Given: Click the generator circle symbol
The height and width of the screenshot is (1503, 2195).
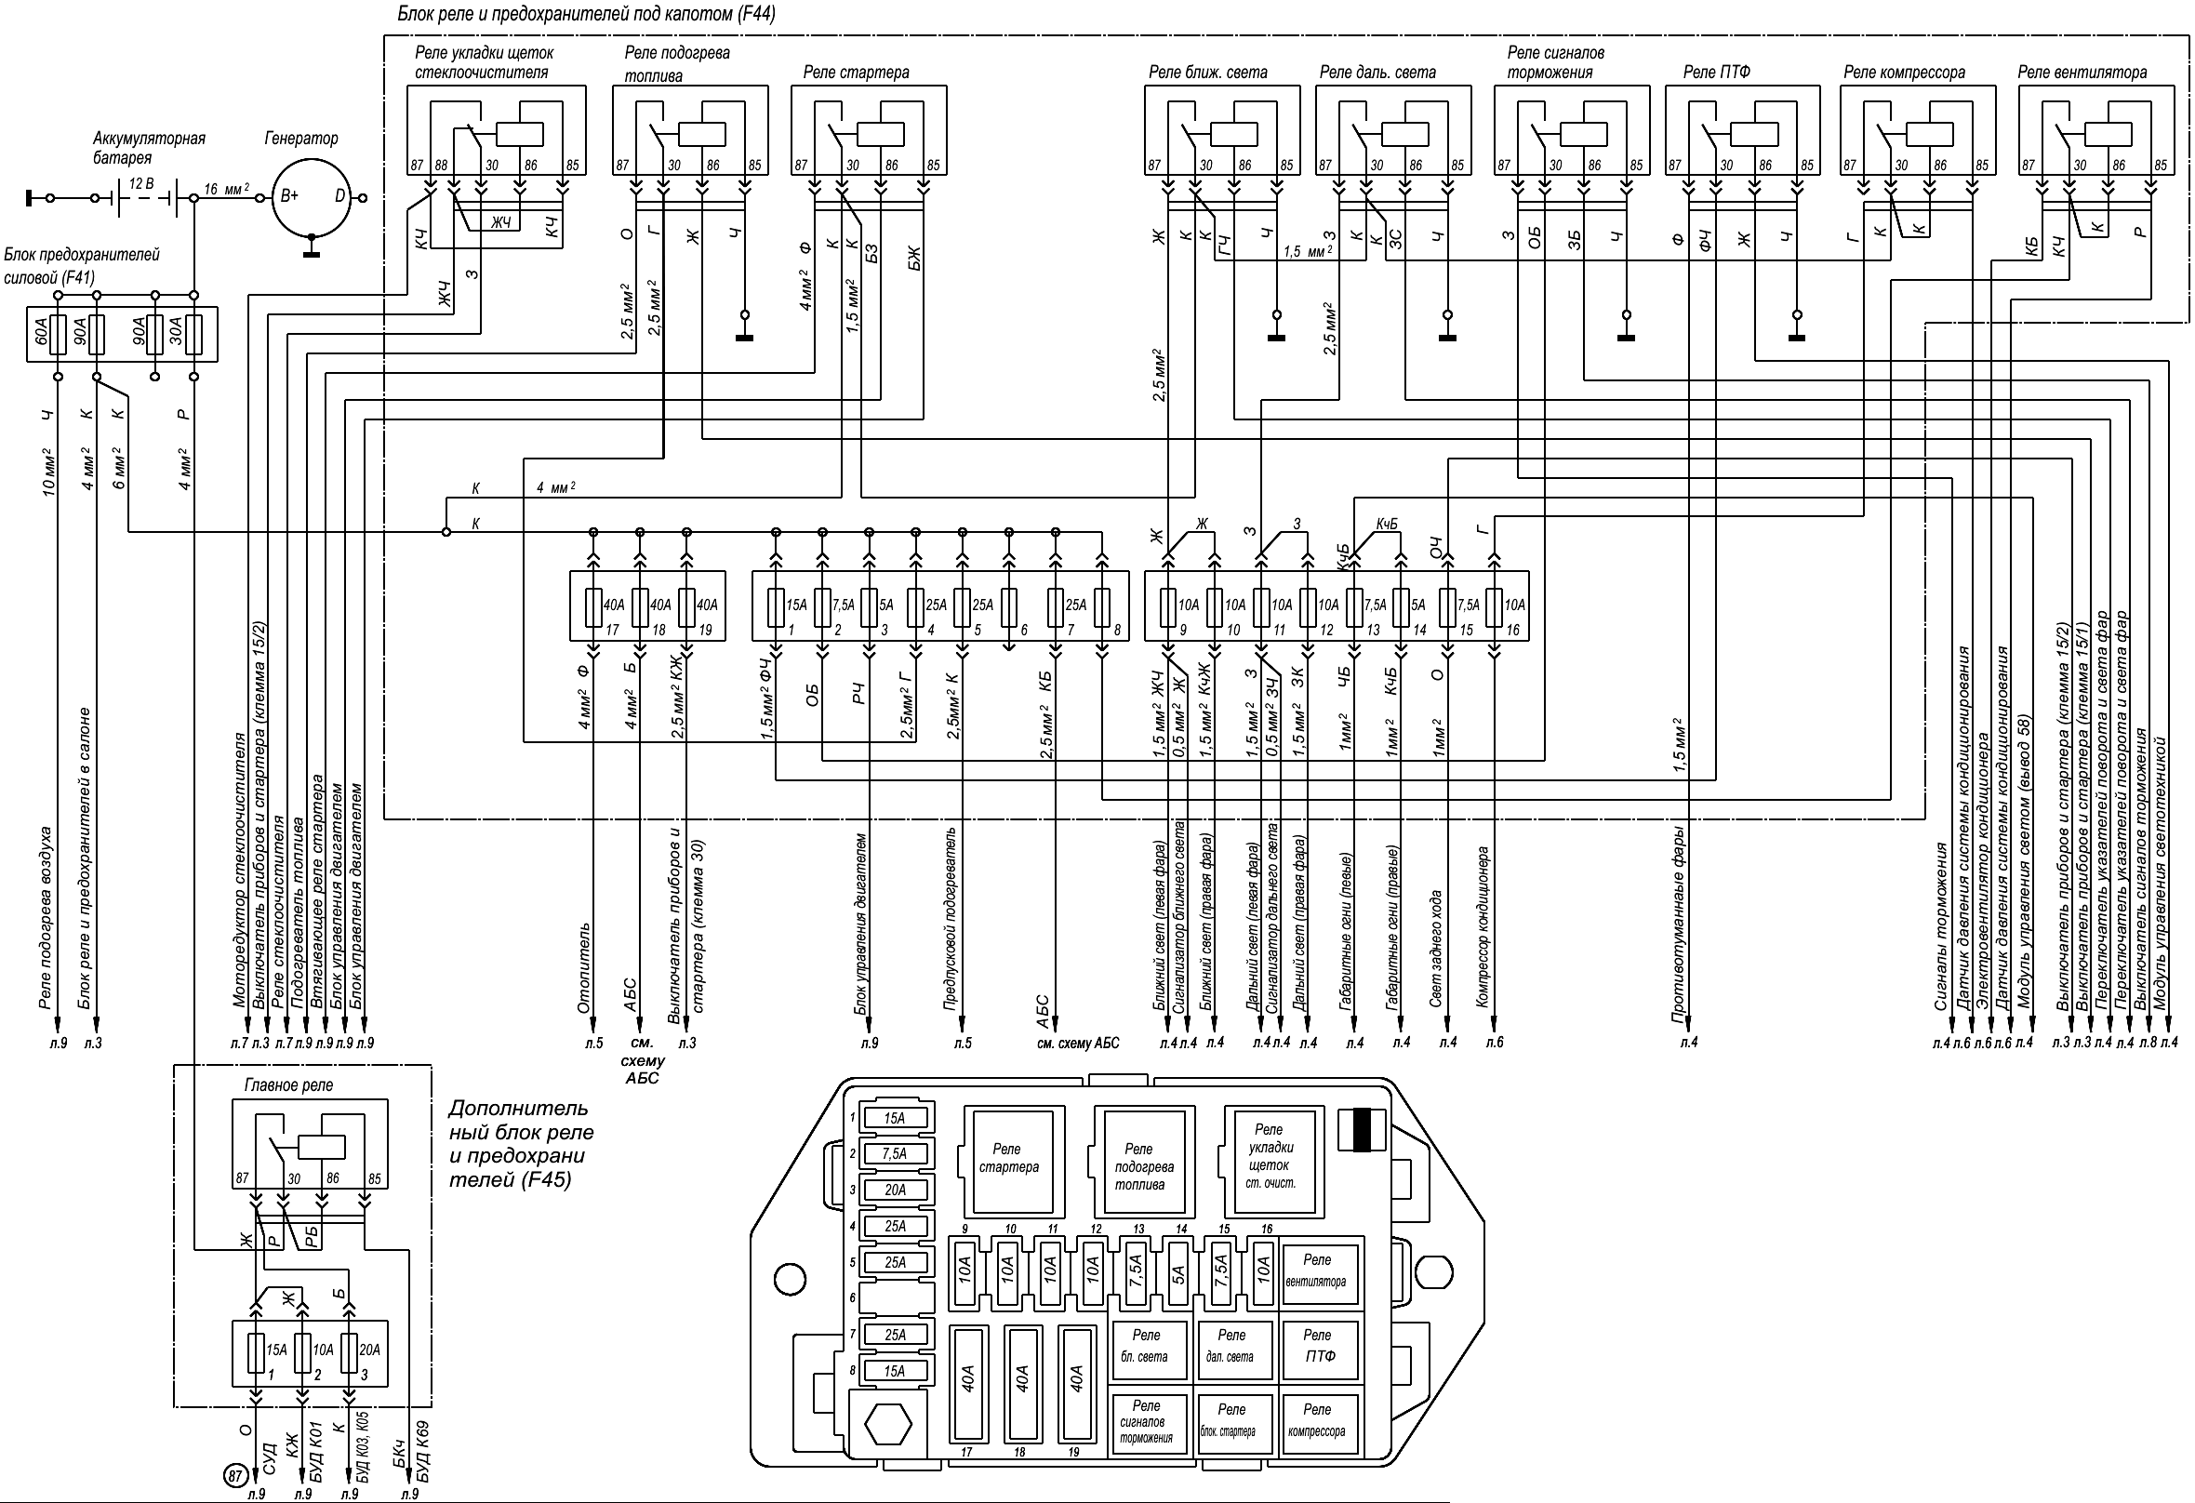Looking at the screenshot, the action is [x=312, y=197].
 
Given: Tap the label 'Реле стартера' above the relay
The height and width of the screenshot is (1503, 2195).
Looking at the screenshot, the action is [x=856, y=73].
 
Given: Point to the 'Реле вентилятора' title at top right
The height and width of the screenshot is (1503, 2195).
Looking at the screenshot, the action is [x=2081, y=73].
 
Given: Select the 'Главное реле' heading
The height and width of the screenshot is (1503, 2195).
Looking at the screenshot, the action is [x=289, y=1085].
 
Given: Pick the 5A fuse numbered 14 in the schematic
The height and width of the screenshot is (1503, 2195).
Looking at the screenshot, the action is [x=1401, y=605].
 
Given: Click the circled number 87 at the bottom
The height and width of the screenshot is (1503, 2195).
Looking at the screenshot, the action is [x=234, y=1475].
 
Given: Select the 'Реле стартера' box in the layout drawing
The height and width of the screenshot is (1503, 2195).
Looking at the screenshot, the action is [x=1009, y=1162].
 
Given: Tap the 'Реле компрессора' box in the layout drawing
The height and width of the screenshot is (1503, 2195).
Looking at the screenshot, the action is [x=1317, y=1421].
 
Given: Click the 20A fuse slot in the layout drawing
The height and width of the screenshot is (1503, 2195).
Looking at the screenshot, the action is [x=896, y=1190].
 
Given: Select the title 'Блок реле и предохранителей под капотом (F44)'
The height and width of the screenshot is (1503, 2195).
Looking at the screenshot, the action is [x=587, y=14].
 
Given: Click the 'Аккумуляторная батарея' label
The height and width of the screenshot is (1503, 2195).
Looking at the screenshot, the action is [x=148, y=148].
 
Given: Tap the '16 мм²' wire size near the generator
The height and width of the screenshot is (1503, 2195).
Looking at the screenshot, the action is [x=226, y=189].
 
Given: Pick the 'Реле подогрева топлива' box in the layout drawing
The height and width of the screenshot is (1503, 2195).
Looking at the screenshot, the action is [x=1139, y=1162].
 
